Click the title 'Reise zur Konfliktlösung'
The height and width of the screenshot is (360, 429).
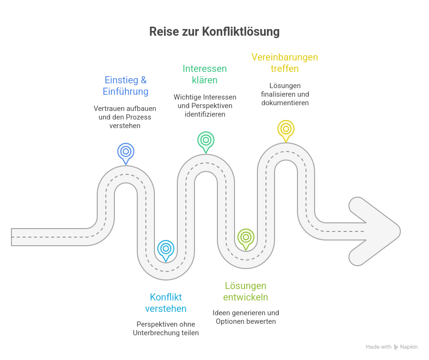(x=214, y=32)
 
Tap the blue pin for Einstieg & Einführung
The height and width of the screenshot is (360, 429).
(x=126, y=152)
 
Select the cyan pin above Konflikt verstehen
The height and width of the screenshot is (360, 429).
(x=166, y=249)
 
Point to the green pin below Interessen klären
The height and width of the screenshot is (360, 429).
(x=206, y=140)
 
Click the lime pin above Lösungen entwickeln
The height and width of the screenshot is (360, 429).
(x=246, y=237)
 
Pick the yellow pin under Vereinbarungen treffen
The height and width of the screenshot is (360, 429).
(x=286, y=129)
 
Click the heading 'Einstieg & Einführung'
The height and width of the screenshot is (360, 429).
(x=125, y=86)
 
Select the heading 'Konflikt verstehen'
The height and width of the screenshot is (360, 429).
(x=165, y=303)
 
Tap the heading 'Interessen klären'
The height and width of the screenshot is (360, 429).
(x=204, y=74)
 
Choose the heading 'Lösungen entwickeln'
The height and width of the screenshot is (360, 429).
(x=245, y=291)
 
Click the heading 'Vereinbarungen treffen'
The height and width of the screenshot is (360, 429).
(x=285, y=63)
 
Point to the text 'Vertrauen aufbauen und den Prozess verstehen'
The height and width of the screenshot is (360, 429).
(x=124, y=117)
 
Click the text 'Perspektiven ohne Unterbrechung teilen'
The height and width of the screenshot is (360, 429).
(x=165, y=329)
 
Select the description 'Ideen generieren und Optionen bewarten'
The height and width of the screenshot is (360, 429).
(x=245, y=317)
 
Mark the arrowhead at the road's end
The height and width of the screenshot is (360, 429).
(x=377, y=230)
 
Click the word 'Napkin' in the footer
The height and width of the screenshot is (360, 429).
(x=409, y=347)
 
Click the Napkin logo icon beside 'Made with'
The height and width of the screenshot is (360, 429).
(x=396, y=347)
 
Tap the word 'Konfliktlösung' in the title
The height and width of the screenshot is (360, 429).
(x=241, y=32)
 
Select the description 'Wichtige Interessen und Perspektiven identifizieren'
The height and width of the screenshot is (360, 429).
(x=205, y=106)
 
